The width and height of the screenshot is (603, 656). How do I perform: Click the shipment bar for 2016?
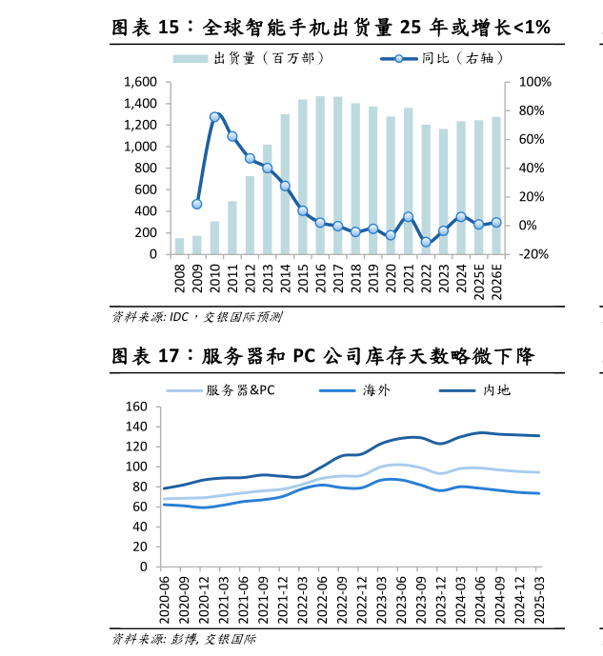tap(320, 175)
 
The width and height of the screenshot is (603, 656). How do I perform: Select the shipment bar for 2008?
tap(179, 246)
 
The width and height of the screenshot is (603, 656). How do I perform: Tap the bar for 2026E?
tap(496, 186)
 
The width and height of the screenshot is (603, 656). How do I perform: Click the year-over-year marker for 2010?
tap(214, 117)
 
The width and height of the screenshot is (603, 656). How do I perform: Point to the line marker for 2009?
tap(197, 204)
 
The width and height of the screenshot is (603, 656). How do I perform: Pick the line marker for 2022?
tap(426, 242)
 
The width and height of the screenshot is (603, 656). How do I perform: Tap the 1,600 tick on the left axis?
tap(140, 82)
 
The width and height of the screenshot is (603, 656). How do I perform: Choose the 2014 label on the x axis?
tap(285, 281)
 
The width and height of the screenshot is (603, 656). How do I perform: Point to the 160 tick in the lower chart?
tap(136, 407)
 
